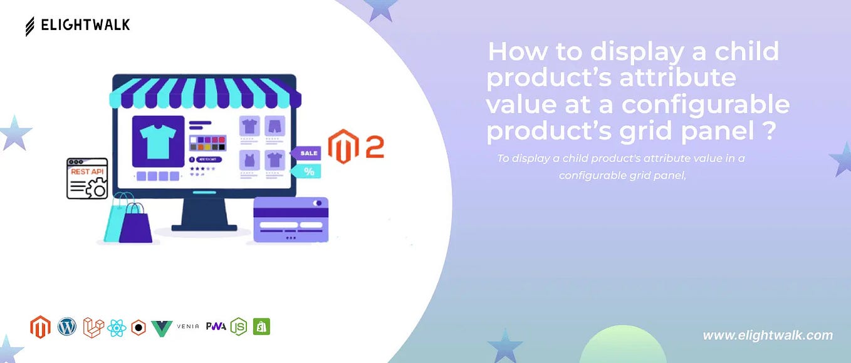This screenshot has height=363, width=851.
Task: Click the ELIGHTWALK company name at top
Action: click(x=85, y=25)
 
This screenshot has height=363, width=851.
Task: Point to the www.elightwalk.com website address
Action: click(x=767, y=335)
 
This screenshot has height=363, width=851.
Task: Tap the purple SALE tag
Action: click(x=306, y=153)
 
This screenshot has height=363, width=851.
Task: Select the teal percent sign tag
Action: click(x=307, y=171)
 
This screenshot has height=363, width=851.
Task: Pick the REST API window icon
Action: click(x=87, y=178)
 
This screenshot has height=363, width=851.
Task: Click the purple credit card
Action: click(x=291, y=220)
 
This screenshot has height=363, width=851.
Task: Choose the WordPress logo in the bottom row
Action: click(x=66, y=326)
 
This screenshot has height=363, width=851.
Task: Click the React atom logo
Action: click(x=117, y=327)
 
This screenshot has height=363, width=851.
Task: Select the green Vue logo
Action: click(x=162, y=327)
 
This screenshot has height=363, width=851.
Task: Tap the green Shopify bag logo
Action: click(x=261, y=327)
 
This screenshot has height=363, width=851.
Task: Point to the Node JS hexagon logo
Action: click(x=238, y=327)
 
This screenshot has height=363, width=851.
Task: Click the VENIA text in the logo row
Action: click(x=188, y=327)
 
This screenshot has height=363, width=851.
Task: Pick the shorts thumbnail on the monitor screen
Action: click(x=274, y=125)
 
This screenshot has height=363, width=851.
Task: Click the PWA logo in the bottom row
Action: click(x=216, y=327)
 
